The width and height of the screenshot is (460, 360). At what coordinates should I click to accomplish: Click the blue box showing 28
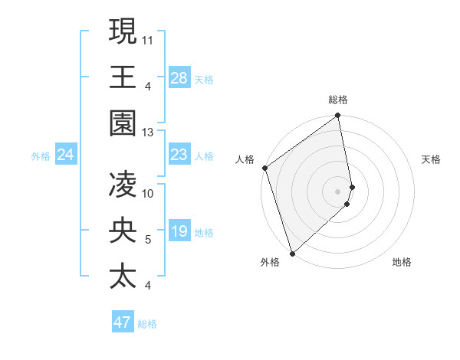click(179, 78)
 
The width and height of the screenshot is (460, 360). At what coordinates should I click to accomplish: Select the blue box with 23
click(179, 155)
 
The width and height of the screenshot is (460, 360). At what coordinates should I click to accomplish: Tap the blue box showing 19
click(179, 232)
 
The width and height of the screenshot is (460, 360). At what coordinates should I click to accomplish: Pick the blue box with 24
click(66, 155)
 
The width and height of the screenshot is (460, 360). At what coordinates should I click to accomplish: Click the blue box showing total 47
click(123, 322)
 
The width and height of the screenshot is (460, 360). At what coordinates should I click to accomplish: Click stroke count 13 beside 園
click(148, 132)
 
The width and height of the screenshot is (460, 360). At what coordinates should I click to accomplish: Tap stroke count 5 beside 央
click(148, 240)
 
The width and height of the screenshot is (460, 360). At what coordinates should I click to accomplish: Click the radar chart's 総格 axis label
click(338, 100)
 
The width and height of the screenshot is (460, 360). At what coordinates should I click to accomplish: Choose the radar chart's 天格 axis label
click(432, 159)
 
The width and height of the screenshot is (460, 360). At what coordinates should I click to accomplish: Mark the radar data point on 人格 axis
click(264, 168)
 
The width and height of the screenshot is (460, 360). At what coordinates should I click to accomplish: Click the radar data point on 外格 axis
click(292, 252)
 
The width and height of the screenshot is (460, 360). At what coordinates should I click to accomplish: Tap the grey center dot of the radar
click(337, 191)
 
